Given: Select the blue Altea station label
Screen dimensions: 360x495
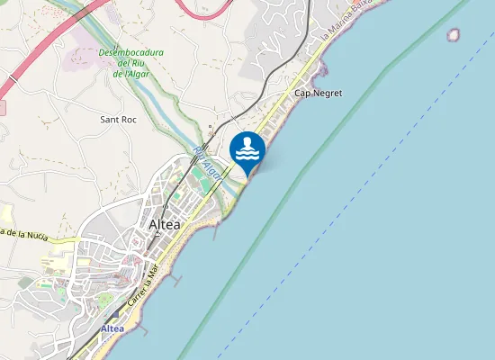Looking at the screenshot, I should pos(112,329).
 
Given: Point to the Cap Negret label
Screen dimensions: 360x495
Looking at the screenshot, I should pos(318,94).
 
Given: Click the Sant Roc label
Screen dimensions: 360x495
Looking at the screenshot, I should pos(118,119).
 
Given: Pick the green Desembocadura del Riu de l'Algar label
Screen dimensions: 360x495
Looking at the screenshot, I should pos(131,63).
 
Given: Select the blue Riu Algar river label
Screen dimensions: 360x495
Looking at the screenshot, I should pos(207,160).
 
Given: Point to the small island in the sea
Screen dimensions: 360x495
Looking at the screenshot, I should pos(454,35).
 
